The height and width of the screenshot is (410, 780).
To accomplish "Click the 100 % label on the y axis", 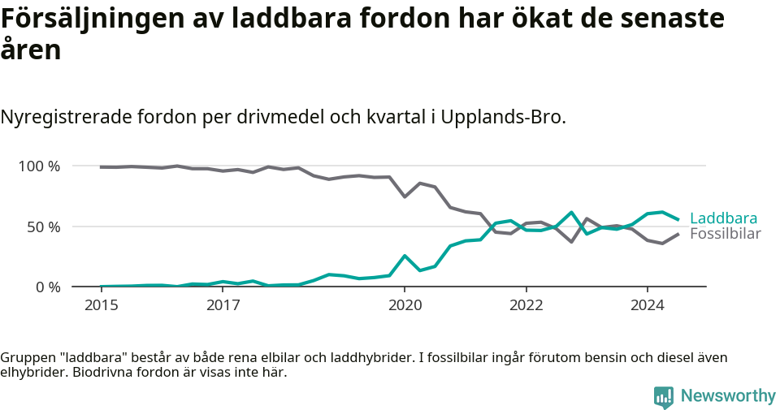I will [40, 166].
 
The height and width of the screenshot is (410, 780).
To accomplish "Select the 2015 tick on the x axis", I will [102, 306].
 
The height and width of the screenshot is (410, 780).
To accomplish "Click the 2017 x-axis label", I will [223, 306].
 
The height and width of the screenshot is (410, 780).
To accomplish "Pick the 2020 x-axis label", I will [405, 306].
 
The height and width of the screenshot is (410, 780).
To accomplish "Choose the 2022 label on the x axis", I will [526, 306].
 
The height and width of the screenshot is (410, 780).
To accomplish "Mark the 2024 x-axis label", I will [647, 306].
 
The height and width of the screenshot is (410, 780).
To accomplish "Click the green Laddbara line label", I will [723, 218].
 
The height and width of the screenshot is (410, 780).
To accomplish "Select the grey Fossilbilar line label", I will [725, 234].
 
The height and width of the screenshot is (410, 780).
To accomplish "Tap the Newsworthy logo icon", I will [663, 397].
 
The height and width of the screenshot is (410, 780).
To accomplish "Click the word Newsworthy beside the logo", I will [728, 396].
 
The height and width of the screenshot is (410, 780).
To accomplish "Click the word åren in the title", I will [30, 50].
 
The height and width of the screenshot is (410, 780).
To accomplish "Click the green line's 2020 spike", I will [405, 256].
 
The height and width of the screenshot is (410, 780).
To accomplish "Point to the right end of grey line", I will [678, 235].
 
